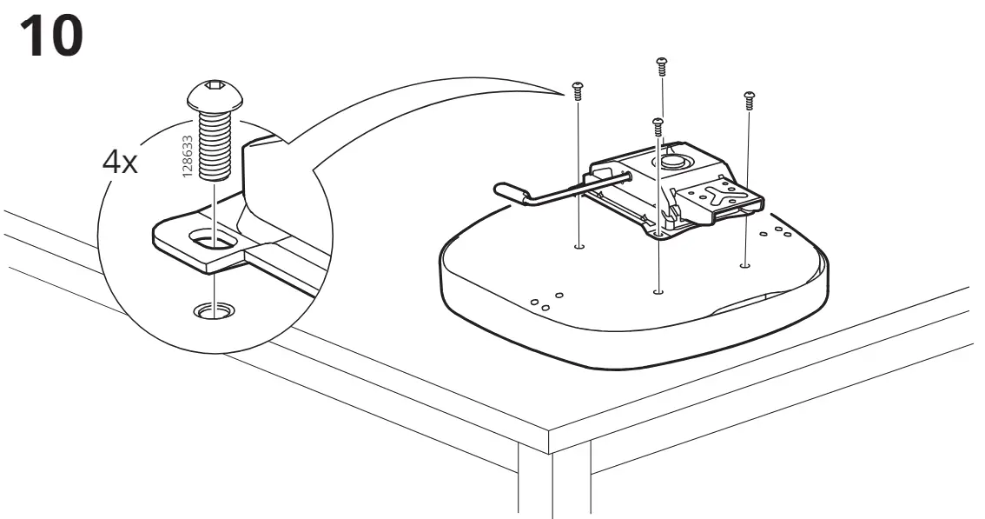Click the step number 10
pyautogui.click(x=51, y=37)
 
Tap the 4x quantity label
pyautogui.click(x=119, y=163)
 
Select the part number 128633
pyautogui.click(x=187, y=156)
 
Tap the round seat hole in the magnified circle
pyautogui.click(x=215, y=309)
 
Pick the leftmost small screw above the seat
pyautogui.click(x=578, y=90)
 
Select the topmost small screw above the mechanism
pyautogui.click(x=661, y=66)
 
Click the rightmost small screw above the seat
pyautogui.click(x=749, y=101)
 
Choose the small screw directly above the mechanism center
pyautogui.click(x=658, y=126)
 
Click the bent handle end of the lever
pyautogui.click(x=512, y=192)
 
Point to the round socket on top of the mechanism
pyautogui.click(x=672, y=161)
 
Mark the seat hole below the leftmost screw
pyautogui.click(x=579, y=246)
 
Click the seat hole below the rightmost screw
pyautogui.click(x=745, y=265)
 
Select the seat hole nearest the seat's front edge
pyautogui.click(x=658, y=292)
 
